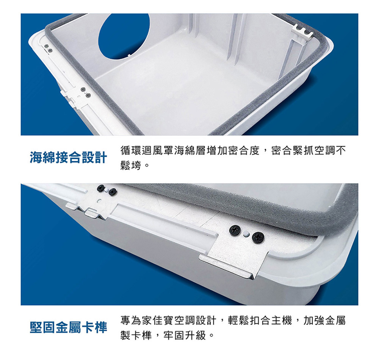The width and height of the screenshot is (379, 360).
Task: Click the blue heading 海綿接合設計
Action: click(x=68, y=158)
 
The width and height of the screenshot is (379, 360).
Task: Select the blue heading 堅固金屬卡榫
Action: click(x=68, y=328)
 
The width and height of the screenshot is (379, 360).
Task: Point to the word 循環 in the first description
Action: click(x=131, y=151)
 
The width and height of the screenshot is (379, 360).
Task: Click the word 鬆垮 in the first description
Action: click(x=131, y=166)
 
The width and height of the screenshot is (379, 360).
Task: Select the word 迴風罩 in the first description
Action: click(x=158, y=151)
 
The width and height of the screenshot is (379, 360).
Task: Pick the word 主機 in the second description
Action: click(x=282, y=321)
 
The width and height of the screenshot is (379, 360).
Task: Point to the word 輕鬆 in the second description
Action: click(x=238, y=321)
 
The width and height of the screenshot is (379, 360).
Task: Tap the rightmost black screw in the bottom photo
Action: click(x=258, y=237)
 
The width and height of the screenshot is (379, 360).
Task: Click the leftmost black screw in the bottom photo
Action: click(x=101, y=188)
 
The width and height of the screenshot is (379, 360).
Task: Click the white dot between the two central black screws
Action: click(x=246, y=234)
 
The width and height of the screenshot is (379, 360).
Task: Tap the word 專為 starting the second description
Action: click(x=131, y=321)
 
